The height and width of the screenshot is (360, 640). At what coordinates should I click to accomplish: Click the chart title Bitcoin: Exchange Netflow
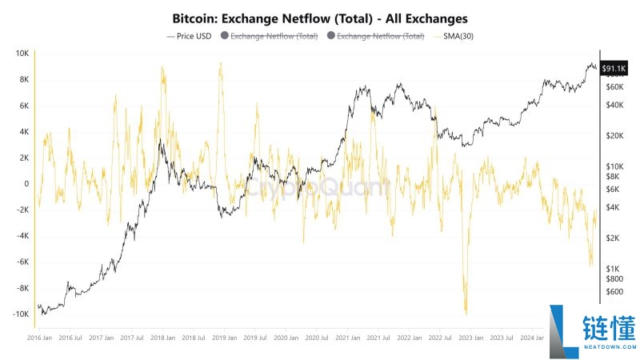(320, 17)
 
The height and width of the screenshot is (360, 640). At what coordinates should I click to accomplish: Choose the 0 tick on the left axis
(26, 184)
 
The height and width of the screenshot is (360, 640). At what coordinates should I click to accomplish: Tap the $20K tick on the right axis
(614, 136)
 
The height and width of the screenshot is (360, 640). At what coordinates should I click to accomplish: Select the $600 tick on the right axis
(614, 292)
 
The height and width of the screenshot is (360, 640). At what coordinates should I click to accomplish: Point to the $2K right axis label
(613, 238)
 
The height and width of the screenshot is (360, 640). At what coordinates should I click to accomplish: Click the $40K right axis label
(614, 106)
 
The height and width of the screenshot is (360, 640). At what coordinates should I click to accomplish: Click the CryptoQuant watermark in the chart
(318, 187)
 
